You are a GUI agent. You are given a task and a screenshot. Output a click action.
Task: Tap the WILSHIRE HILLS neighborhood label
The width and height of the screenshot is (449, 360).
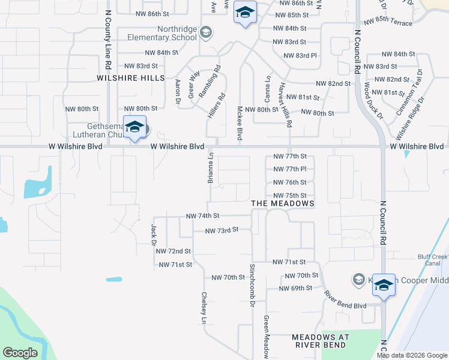pos(131,78)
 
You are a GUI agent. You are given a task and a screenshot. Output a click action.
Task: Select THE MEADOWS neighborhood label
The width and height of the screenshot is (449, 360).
pos(283,204)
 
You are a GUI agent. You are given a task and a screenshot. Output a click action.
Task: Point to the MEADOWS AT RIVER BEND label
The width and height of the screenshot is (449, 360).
pos(319,341)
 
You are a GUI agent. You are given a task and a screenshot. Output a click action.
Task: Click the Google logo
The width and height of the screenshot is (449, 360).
pos(20,353)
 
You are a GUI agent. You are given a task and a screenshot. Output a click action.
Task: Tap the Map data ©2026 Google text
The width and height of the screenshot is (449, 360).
pos(412,355)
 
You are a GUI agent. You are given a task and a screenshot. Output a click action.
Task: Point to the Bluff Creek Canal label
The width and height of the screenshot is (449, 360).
pos(433,260)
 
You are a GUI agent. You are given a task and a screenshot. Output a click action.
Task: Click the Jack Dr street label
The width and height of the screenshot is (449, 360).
pos(154,234)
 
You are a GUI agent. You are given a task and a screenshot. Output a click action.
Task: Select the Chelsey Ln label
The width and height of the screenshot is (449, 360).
pos(204,308)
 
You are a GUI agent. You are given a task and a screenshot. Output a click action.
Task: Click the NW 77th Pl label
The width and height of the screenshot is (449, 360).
pos(290,169)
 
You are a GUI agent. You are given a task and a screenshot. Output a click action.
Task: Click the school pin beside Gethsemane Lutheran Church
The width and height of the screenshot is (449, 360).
pos(135,127)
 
